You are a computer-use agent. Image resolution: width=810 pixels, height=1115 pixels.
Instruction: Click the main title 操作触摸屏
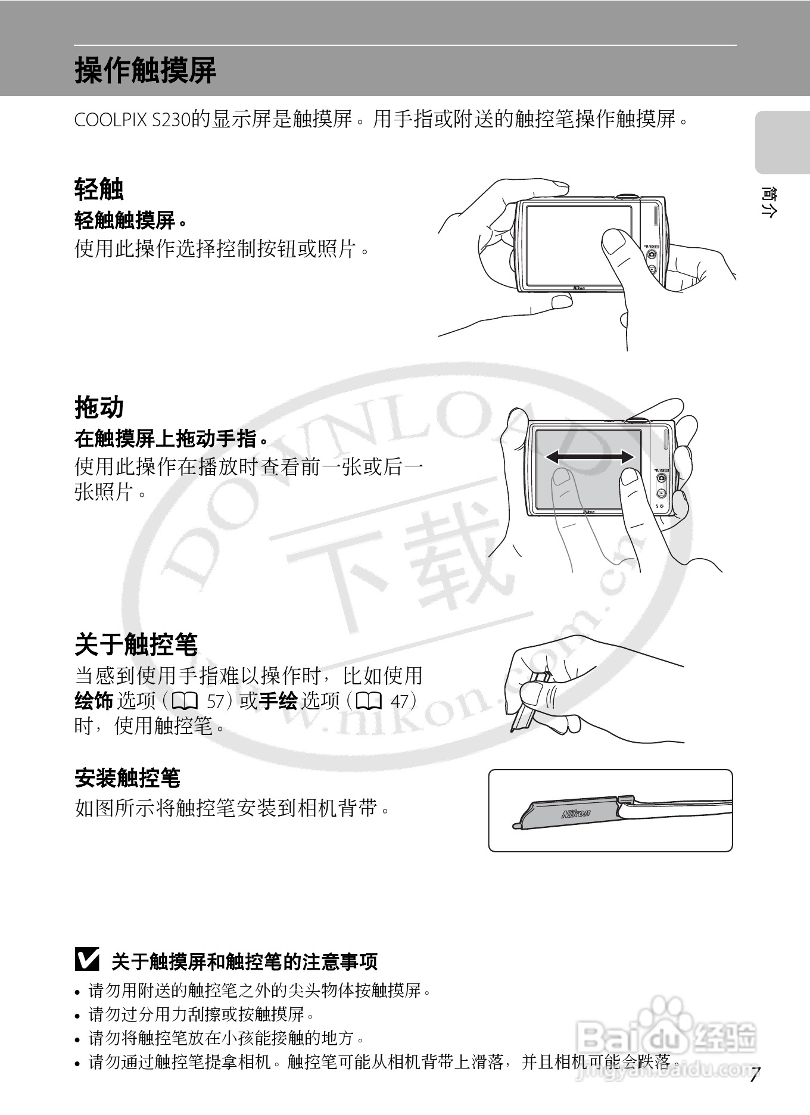tap(145, 70)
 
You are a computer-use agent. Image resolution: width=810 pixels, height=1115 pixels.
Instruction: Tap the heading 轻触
tap(99, 189)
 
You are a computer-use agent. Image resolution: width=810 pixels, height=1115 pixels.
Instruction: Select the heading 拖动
tap(99, 407)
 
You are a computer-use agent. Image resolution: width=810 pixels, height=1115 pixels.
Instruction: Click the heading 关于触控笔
tap(136, 644)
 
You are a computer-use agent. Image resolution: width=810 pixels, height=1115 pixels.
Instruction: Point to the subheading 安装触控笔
tap(127, 778)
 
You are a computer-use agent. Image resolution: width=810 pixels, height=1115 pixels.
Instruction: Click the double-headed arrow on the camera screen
tap(590, 457)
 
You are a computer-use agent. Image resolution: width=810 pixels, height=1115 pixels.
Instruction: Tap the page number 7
tap(755, 1076)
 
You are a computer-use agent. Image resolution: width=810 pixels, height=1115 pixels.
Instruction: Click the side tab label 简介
tap(768, 203)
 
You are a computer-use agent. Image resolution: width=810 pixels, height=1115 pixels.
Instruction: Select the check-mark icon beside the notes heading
tap(88, 960)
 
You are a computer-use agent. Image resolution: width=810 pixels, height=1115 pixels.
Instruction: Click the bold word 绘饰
tap(94, 701)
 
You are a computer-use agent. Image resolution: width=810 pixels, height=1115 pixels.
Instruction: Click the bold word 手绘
tap(278, 701)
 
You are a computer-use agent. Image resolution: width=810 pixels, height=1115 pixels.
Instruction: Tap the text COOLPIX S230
tap(131, 120)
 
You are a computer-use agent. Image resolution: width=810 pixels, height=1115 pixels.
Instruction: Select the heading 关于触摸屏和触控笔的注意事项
tap(245, 961)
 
